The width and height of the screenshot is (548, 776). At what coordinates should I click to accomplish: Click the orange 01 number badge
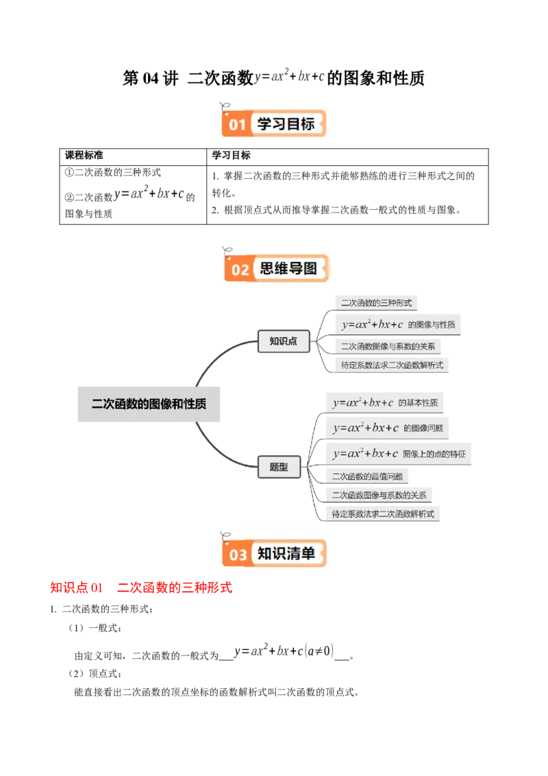pyautogui.click(x=237, y=125)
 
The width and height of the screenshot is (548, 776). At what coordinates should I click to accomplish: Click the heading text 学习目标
pyautogui.click(x=286, y=124)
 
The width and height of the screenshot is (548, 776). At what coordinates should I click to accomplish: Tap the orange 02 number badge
pyautogui.click(x=240, y=269)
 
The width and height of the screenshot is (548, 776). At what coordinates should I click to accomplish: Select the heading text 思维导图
pyautogui.click(x=288, y=268)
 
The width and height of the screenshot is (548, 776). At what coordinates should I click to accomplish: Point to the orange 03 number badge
pyautogui.click(x=238, y=555)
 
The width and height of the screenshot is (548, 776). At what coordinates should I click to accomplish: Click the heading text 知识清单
pyautogui.click(x=286, y=553)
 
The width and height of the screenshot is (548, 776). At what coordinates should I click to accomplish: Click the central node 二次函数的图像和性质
pyautogui.click(x=149, y=404)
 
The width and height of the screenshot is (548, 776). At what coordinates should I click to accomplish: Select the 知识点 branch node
pyautogui.click(x=283, y=341)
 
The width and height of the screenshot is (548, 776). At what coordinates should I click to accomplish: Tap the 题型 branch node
pyautogui.click(x=279, y=468)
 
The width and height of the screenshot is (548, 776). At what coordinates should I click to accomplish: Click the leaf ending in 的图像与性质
pyautogui.click(x=399, y=324)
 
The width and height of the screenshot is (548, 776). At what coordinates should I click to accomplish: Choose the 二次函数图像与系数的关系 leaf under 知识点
pyautogui.click(x=388, y=346)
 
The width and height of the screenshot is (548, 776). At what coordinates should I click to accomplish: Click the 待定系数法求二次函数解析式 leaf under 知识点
pyautogui.click(x=392, y=365)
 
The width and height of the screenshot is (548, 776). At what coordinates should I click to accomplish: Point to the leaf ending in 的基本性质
pyautogui.click(x=385, y=402)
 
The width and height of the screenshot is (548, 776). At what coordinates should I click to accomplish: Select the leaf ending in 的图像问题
pyautogui.click(x=388, y=428)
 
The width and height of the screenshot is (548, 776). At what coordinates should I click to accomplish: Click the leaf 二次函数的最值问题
pyautogui.click(x=367, y=476)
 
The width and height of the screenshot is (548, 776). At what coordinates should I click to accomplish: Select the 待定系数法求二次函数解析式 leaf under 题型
pyautogui.click(x=383, y=513)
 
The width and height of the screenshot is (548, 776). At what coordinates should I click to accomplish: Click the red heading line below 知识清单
pyautogui.click(x=142, y=587)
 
